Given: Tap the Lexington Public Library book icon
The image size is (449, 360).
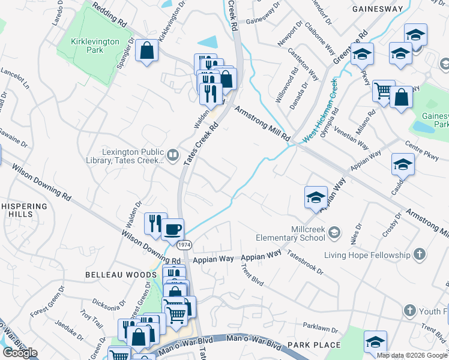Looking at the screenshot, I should [x=173, y=156].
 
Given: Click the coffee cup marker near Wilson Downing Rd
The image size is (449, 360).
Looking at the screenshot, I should [x=172, y=228].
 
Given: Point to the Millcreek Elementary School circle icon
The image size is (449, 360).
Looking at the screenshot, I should [x=334, y=232].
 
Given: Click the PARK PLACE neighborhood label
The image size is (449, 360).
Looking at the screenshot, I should [x=313, y=345].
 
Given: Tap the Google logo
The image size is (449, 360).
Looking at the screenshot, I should [x=20, y=353].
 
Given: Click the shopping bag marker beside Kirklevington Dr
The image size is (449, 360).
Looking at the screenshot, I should [x=147, y=50].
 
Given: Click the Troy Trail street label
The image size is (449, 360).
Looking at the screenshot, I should [x=92, y=321].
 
